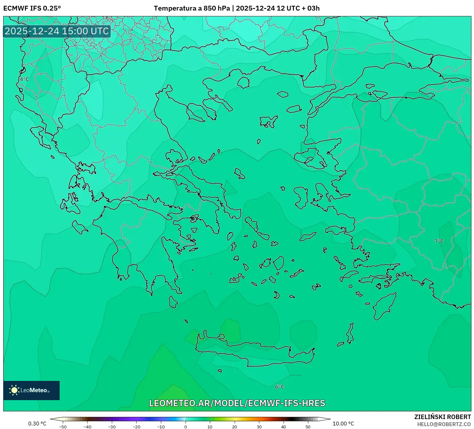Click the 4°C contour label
24,79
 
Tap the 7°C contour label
439,241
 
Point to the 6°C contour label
279,387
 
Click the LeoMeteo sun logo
14,390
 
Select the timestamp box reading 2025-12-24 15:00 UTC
57,31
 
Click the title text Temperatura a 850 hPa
192,8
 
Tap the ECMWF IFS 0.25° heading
32,8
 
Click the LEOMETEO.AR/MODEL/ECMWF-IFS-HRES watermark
237,403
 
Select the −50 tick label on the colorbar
63,427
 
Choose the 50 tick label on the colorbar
308,427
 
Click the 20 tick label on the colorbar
234,427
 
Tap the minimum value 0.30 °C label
37,424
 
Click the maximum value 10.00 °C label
343,424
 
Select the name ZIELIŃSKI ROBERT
442,417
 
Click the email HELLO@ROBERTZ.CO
444,424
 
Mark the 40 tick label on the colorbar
283,427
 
